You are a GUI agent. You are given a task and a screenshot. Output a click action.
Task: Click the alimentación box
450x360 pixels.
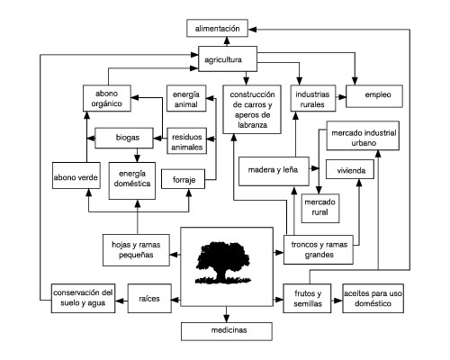217,28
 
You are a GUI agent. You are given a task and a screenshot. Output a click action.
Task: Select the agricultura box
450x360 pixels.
228,58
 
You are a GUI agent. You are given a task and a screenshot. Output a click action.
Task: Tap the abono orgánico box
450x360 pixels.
107,98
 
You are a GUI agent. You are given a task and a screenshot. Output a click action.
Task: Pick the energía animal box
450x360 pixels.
186,98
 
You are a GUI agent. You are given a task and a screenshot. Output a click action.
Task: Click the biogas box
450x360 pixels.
124,138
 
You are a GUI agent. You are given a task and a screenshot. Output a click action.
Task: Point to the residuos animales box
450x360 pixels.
186,140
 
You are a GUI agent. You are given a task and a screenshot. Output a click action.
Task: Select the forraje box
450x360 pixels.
183,179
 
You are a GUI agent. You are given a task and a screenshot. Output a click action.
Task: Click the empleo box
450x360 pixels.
374,96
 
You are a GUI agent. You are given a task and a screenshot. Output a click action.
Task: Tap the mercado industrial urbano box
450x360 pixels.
363,136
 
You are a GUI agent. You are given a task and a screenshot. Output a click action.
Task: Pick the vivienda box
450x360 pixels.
350,169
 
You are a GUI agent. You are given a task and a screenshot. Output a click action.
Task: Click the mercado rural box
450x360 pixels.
320,208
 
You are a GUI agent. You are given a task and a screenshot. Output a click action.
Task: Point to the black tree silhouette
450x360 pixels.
223,263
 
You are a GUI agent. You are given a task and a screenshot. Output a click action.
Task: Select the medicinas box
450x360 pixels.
227,331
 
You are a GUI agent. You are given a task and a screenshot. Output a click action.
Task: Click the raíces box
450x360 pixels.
149,298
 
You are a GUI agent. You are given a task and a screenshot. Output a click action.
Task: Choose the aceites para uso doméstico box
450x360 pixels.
373,298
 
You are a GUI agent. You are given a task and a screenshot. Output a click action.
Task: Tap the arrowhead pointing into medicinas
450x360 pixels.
227,319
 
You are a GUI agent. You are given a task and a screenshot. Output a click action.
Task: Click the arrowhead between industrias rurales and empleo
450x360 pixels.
342,97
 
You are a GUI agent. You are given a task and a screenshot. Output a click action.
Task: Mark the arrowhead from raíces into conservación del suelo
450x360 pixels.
120,301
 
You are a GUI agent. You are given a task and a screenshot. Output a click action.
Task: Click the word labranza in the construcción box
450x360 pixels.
252,125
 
